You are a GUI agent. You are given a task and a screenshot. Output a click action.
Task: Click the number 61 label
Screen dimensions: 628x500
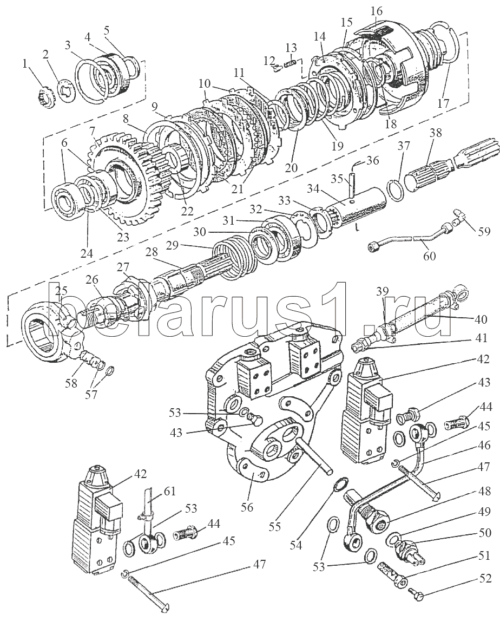pos(170,491)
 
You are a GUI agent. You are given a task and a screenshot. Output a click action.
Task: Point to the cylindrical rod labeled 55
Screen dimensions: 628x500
pos(314,455)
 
